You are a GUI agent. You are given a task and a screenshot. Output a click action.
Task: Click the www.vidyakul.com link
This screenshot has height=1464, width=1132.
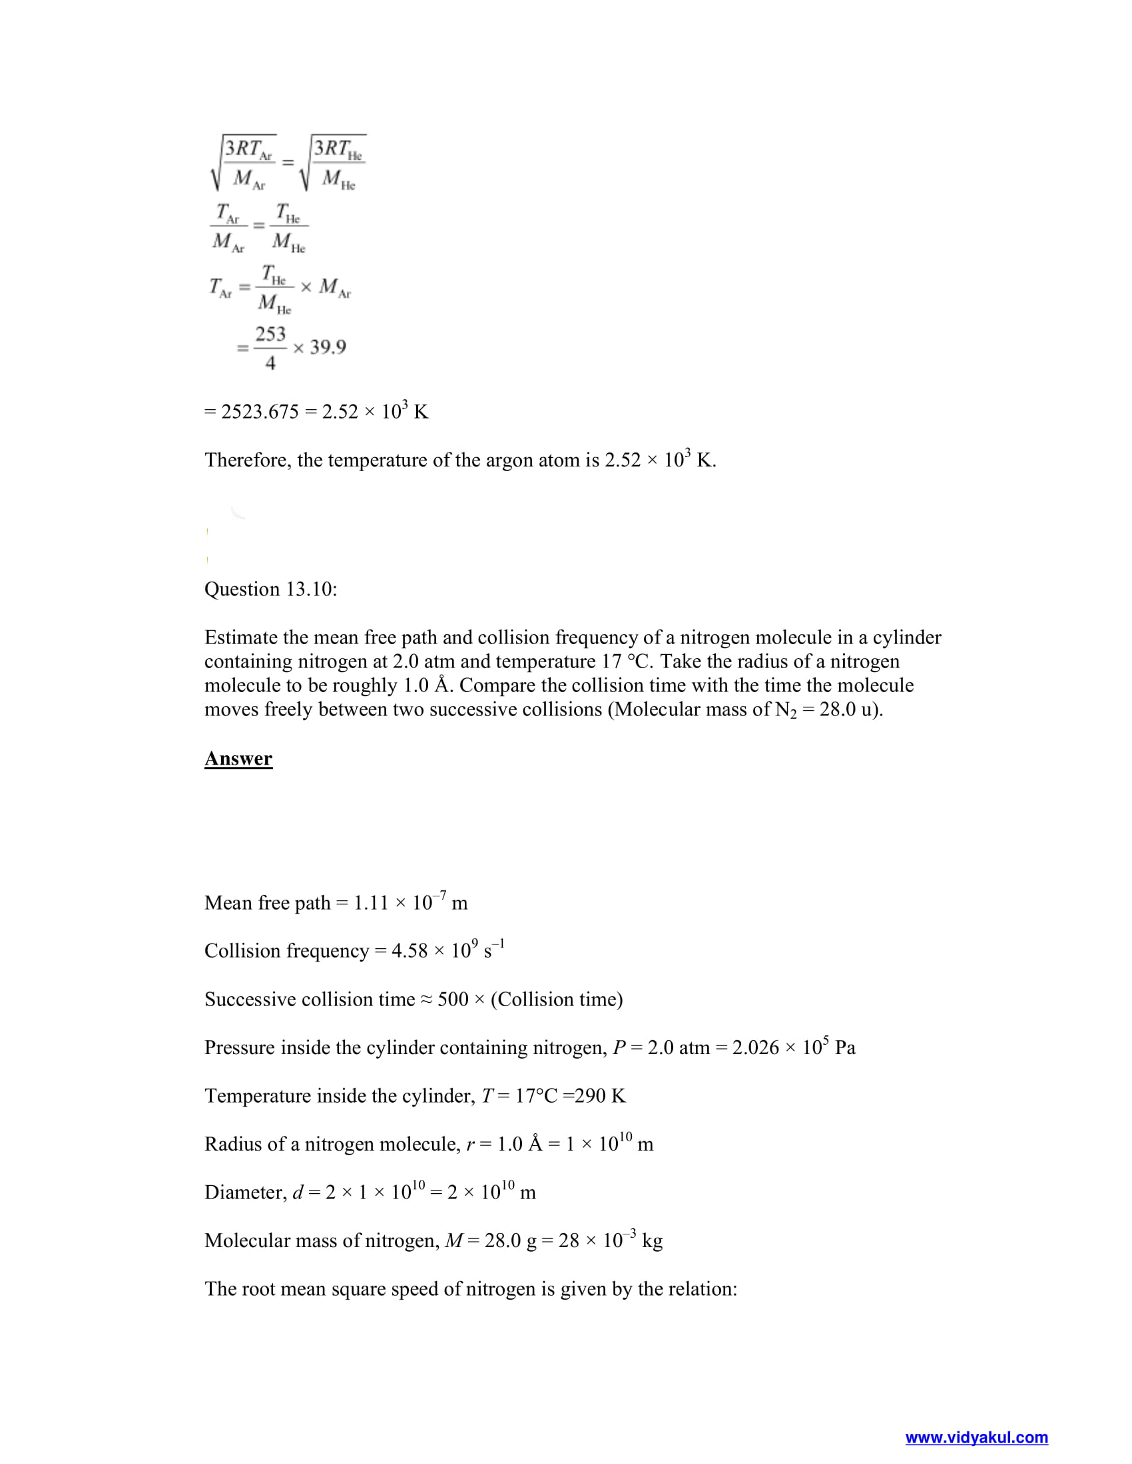tap(976, 1437)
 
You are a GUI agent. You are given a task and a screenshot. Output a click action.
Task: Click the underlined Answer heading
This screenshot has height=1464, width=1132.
tap(238, 758)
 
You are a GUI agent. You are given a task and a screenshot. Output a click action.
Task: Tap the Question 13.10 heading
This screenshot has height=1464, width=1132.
tap(270, 589)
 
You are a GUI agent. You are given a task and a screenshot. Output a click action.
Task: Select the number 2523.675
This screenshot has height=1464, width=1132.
tap(260, 411)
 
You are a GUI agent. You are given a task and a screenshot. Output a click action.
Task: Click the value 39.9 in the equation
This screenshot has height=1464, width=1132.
tap(328, 347)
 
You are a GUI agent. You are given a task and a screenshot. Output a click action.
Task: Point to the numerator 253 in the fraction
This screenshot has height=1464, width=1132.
tap(270, 334)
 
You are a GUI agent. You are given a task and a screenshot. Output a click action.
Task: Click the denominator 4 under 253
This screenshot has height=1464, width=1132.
tap(270, 363)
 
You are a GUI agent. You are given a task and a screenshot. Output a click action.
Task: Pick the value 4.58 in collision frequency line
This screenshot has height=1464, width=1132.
tap(409, 951)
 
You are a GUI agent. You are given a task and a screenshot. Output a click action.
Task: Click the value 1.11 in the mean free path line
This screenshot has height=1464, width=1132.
tap(371, 903)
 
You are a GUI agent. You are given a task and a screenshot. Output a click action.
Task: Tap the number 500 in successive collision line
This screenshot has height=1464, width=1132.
tap(453, 1000)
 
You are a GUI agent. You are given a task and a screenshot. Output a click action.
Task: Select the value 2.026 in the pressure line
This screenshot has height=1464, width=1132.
tap(755, 1047)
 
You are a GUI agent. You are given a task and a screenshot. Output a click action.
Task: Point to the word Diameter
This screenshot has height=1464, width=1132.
tap(246, 1192)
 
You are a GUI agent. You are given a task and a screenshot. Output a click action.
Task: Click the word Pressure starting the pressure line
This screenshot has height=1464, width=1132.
tap(240, 1047)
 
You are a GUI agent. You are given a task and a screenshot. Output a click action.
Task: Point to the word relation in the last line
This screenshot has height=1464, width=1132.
tap(706, 1289)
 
